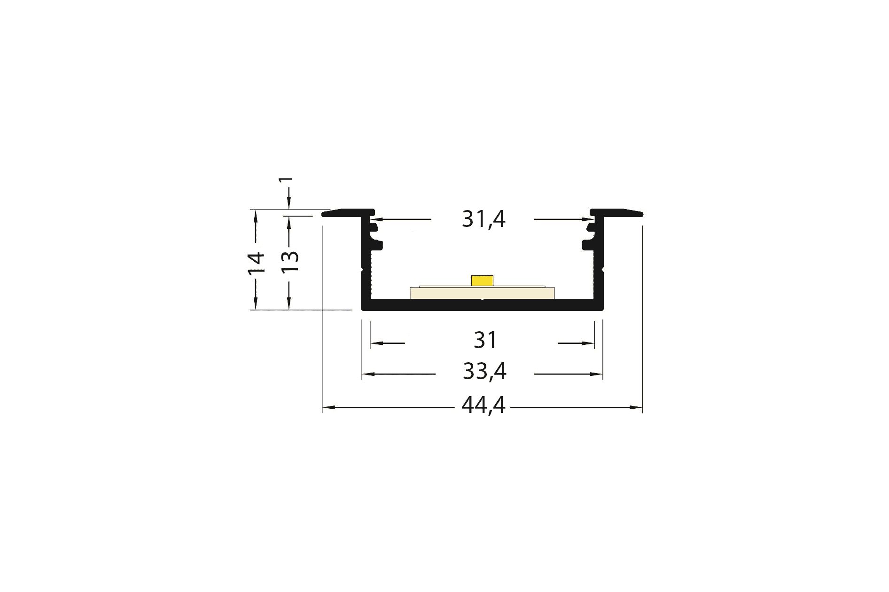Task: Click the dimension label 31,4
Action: tap(483, 219)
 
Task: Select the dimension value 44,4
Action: tap(483, 405)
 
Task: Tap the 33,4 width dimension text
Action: tap(484, 372)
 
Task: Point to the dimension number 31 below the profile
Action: tap(485, 341)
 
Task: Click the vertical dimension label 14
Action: tap(257, 262)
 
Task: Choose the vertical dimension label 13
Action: tap(290, 261)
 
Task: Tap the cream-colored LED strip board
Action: tap(482, 293)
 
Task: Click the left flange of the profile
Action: tap(348, 213)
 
